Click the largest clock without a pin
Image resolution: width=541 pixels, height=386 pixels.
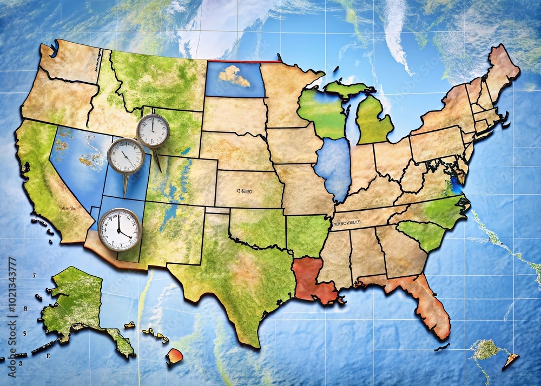click(120, 229)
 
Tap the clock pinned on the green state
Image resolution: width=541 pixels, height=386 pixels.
click(153, 131)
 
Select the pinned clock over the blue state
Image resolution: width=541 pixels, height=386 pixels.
click(126, 156)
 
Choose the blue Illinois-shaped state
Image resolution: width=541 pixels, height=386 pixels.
click(333, 168)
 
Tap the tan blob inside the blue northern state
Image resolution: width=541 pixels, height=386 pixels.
click(234, 76)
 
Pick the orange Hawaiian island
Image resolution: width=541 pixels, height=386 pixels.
click(174, 356)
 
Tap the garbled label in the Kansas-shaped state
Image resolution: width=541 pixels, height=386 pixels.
click(245, 191)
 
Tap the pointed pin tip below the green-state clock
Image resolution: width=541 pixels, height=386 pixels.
click(160, 170)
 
